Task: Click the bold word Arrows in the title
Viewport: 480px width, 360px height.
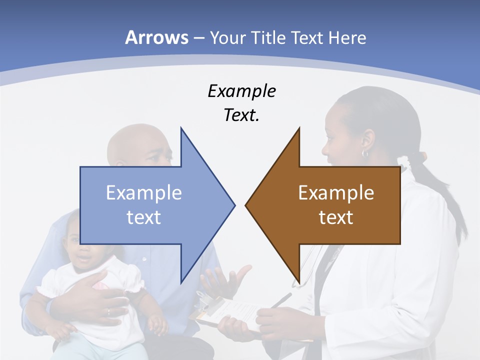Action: [156, 37]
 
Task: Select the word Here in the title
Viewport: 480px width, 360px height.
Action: [347, 37]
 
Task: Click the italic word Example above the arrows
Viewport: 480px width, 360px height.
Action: [241, 91]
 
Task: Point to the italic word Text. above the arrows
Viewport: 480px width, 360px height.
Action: [241, 115]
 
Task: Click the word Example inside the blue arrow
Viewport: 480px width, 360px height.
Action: [144, 192]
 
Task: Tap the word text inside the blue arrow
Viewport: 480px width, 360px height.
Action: [144, 217]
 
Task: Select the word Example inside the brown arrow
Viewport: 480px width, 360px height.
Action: [336, 192]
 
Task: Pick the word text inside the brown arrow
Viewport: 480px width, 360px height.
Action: [336, 217]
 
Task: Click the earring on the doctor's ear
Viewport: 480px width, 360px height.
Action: [365, 153]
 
